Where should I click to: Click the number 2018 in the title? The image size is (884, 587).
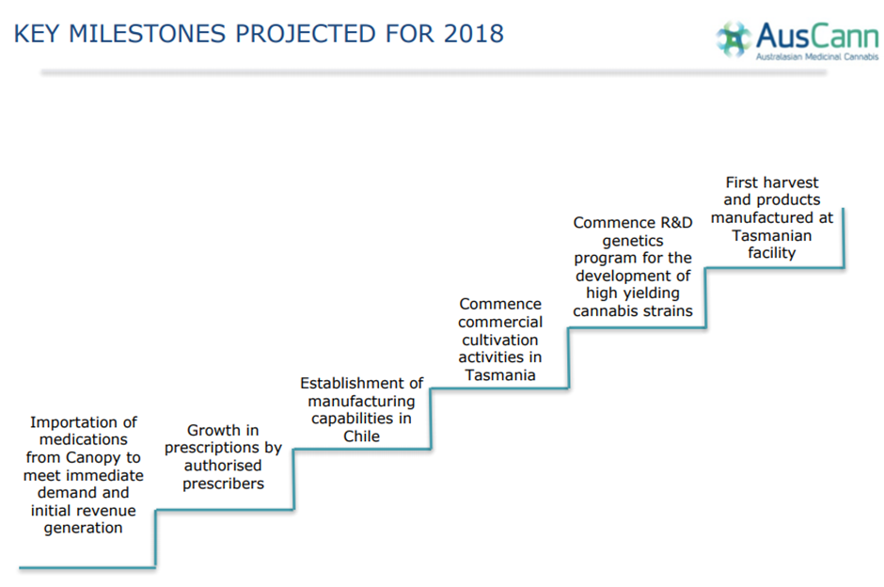tap(474, 34)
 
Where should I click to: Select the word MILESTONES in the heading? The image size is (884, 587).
tap(148, 34)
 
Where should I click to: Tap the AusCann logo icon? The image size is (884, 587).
tap(734, 39)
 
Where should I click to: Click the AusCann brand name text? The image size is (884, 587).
tap(817, 36)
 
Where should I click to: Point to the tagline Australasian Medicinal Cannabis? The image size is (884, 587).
tap(817, 56)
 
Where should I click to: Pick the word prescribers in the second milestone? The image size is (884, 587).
tap(223, 484)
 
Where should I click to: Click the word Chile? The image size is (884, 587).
tap(361, 436)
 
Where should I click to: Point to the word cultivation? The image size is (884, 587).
tap(500, 340)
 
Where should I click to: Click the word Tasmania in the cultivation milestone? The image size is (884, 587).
tap(500, 375)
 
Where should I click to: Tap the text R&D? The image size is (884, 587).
tap(676, 223)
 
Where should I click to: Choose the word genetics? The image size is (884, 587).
tap(633, 242)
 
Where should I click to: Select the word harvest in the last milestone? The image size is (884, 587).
tap(790, 182)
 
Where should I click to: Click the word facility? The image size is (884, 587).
tap(772, 253)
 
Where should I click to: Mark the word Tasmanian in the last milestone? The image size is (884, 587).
tap(772, 236)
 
